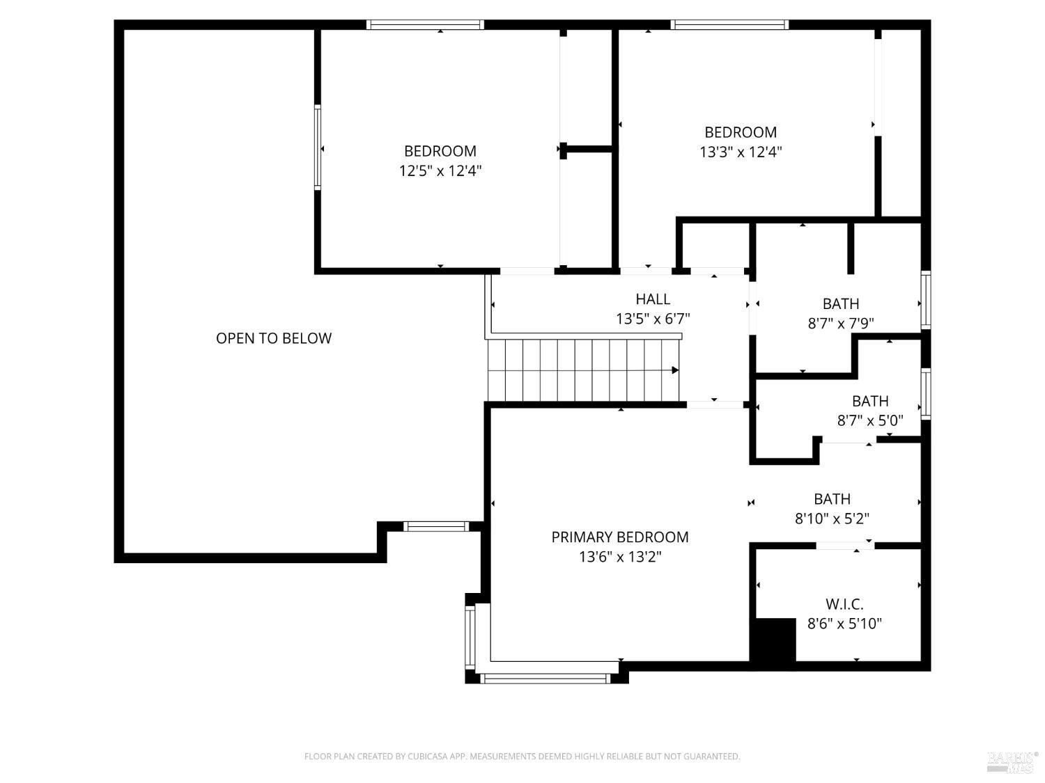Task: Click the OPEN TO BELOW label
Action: tap(274, 338)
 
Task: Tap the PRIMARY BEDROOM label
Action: tap(620, 537)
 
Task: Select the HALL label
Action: tap(653, 299)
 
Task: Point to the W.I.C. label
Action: tap(844, 603)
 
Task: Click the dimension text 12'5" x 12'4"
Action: tap(440, 171)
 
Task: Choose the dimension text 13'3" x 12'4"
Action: tap(741, 152)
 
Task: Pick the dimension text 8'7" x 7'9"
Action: tap(841, 323)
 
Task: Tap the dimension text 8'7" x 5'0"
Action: tap(870, 420)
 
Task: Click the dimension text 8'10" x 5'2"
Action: tap(833, 519)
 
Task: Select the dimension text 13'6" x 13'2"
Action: tap(620, 556)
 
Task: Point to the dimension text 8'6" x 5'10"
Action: tap(844, 623)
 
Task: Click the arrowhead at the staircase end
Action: tap(675, 370)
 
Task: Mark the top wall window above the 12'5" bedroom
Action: tap(425, 25)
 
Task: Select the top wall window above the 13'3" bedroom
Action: tap(730, 25)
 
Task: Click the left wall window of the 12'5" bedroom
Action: tap(318, 148)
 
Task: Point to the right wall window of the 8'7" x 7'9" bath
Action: tap(925, 299)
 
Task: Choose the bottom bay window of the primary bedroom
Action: tap(545, 679)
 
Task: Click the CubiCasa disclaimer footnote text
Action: tap(522, 756)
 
